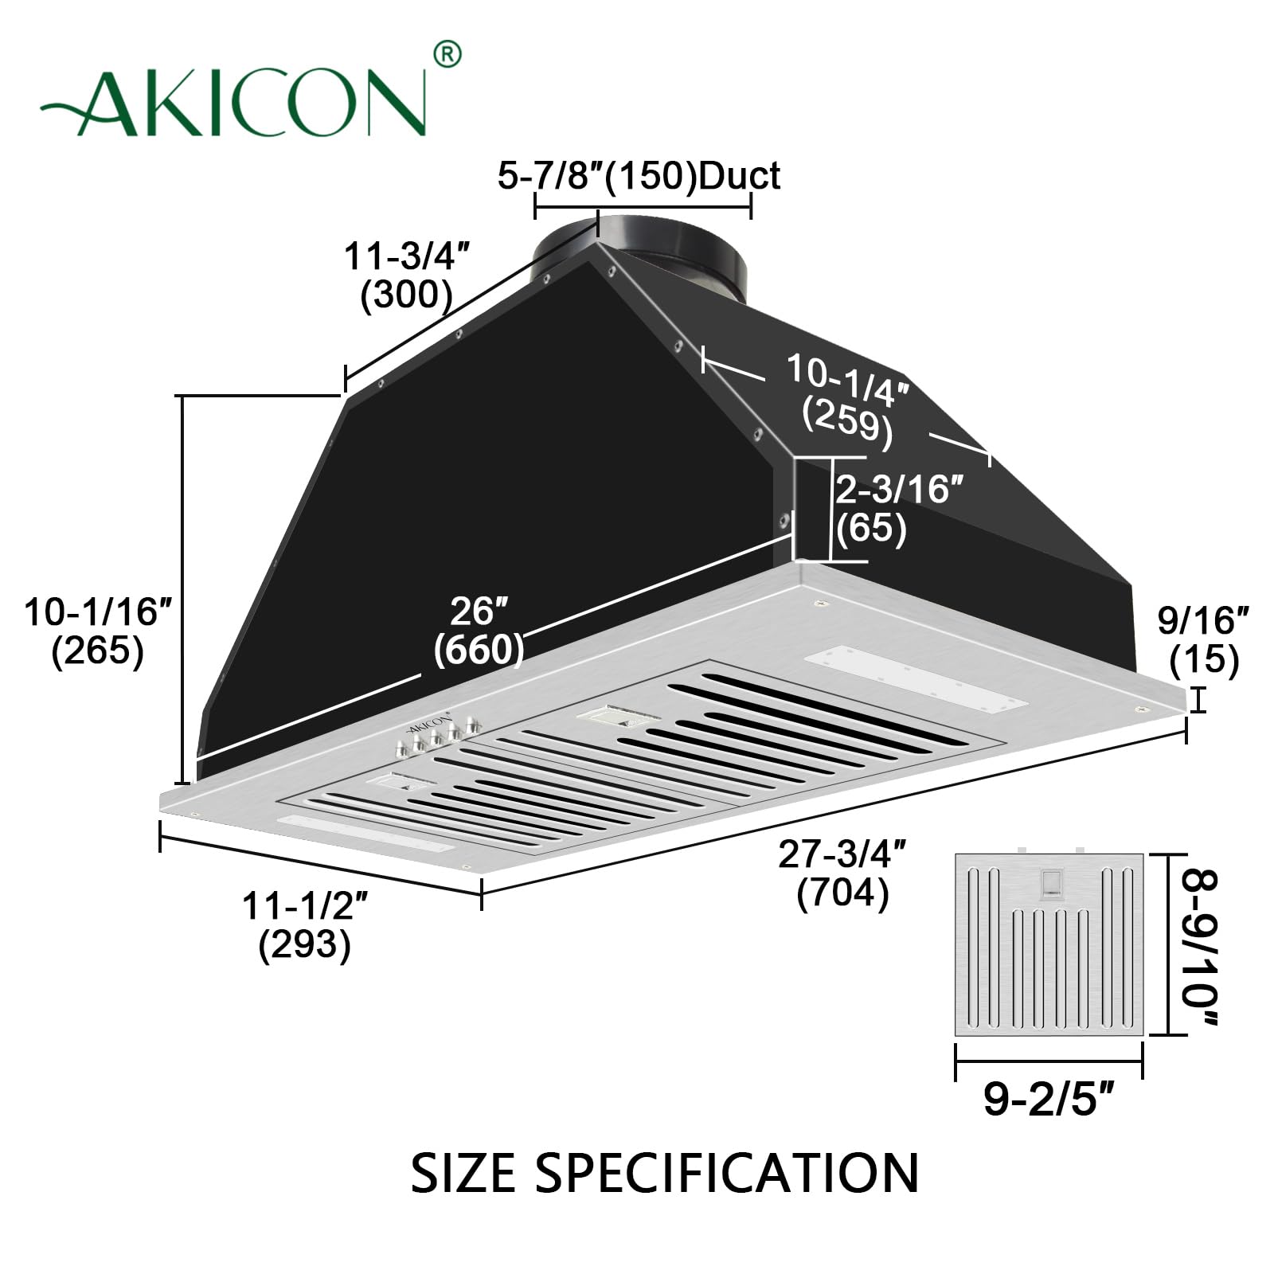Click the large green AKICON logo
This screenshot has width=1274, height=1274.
pyautogui.click(x=235, y=104)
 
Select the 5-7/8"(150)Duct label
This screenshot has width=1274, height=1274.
pyautogui.click(x=639, y=175)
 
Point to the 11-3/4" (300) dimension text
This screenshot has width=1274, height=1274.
pyautogui.click(x=406, y=276)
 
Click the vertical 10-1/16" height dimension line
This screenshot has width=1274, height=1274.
pyautogui.click(x=184, y=589)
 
